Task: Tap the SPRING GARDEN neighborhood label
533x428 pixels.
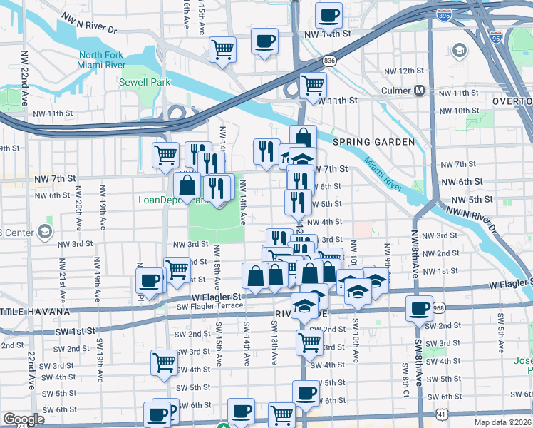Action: (x=373, y=142)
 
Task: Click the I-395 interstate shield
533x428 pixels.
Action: (x=444, y=14)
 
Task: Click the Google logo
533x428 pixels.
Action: (x=24, y=419)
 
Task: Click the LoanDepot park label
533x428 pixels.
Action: (x=161, y=200)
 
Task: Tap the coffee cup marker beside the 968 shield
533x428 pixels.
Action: (x=419, y=308)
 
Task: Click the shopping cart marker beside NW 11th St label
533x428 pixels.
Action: (x=314, y=85)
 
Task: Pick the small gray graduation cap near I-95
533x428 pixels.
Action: (x=460, y=50)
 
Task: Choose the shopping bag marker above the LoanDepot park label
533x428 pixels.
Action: (x=187, y=186)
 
